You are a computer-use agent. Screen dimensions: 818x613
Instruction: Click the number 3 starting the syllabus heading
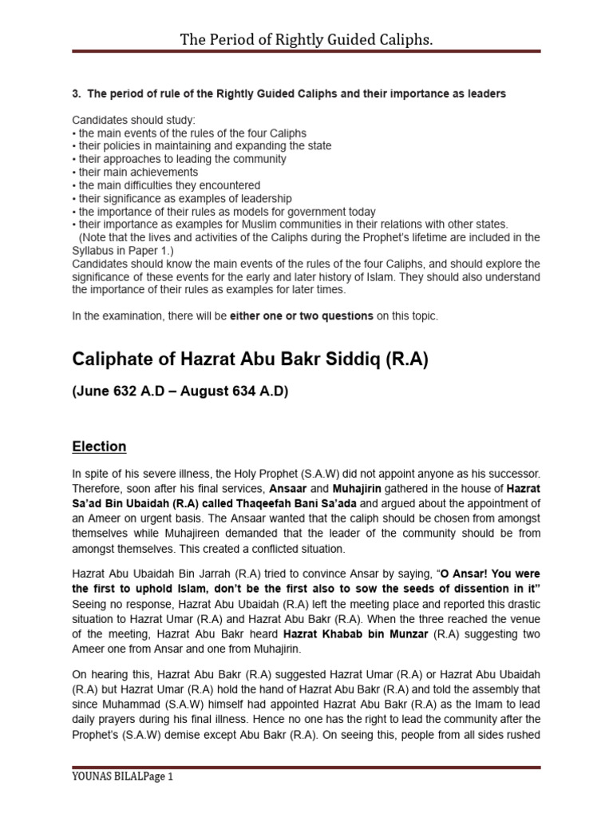click(76, 93)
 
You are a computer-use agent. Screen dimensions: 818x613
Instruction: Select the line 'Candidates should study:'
click(128, 120)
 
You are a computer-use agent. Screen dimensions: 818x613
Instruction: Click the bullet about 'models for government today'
click(225, 212)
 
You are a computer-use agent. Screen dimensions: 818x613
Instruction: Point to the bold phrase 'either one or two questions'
click(302, 316)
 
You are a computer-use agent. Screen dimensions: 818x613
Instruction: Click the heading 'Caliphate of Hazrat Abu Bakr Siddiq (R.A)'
click(250, 360)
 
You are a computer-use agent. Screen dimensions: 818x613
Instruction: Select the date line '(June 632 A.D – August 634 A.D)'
click(180, 391)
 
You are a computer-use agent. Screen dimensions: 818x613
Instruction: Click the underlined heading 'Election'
click(99, 447)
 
